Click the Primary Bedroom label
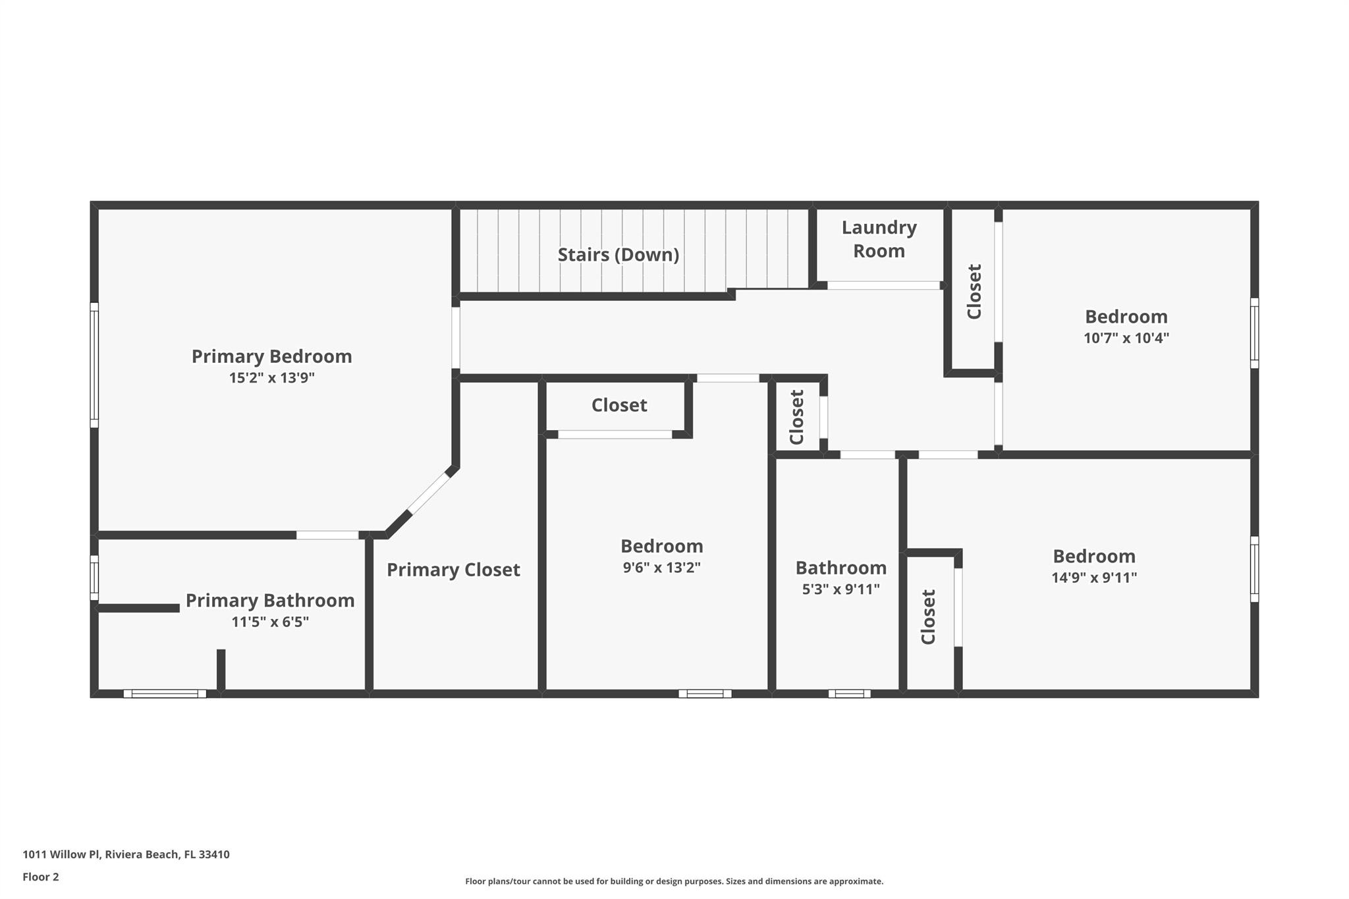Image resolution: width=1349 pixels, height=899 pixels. click(x=271, y=356)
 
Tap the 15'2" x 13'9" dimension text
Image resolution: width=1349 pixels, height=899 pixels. click(x=271, y=378)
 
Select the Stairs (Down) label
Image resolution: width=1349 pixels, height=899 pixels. click(x=618, y=255)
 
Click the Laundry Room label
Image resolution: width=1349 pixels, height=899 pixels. click(x=879, y=239)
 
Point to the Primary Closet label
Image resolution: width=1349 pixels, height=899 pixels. click(x=453, y=570)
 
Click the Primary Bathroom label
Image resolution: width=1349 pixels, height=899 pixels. click(x=270, y=601)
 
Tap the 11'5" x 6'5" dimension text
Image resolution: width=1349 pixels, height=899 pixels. click(x=270, y=622)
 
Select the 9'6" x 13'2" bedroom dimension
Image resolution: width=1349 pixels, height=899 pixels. click(x=661, y=568)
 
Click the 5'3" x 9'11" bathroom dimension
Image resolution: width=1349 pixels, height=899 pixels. click(x=840, y=589)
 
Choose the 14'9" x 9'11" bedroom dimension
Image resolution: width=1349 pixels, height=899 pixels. click(x=1093, y=578)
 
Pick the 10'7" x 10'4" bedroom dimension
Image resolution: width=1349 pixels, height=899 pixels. click(x=1126, y=339)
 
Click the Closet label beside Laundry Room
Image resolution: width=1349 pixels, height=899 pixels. click(x=974, y=292)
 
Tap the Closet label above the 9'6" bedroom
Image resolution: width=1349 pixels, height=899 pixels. click(x=619, y=405)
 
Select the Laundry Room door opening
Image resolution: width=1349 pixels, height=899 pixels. click(x=883, y=285)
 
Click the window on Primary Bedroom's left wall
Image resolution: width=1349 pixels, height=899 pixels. click(x=94, y=365)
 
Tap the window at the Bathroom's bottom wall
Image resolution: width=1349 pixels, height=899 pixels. click(x=849, y=694)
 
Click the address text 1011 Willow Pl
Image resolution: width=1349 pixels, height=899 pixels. click(x=126, y=854)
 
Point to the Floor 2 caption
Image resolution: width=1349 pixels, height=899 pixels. click(x=41, y=877)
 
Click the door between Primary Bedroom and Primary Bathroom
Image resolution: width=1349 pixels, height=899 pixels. click(x=327, y=535)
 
